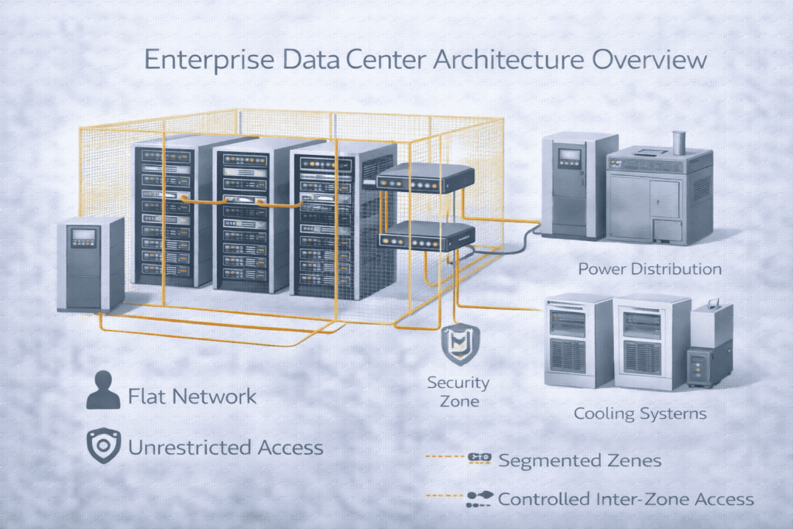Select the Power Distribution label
650,270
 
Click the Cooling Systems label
640,413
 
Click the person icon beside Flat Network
103,390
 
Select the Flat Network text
192,397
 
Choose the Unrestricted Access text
225,448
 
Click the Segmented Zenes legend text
579,460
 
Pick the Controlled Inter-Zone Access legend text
626,499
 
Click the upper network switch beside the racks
424,179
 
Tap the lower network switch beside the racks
424,235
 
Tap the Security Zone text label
458,391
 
